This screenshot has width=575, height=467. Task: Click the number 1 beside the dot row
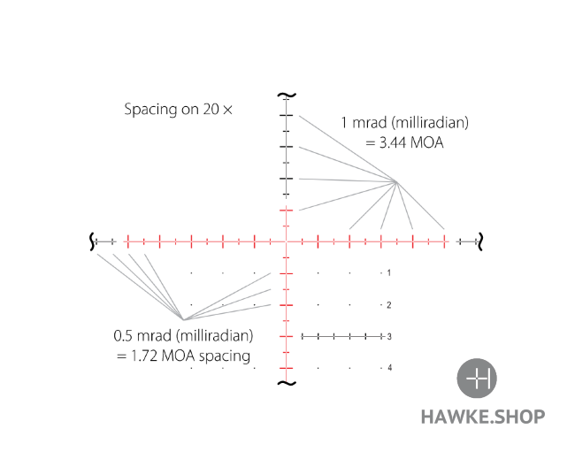pyautogui.click(x=388, y=272)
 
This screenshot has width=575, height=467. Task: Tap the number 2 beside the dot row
pyautogui.click(x=388, y=305)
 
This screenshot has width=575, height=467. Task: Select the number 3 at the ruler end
pyautogui.click(x=389, y=336)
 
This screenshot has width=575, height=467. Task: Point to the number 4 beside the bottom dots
pyautogui.click(x=389, y=368)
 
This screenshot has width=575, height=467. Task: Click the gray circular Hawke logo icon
pyautogui.click(x=477, y=379)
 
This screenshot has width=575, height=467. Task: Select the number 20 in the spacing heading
pyautogui.click(x=211, y=110)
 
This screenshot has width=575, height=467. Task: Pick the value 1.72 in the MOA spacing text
pyautogui.click(x=144, y=356)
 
